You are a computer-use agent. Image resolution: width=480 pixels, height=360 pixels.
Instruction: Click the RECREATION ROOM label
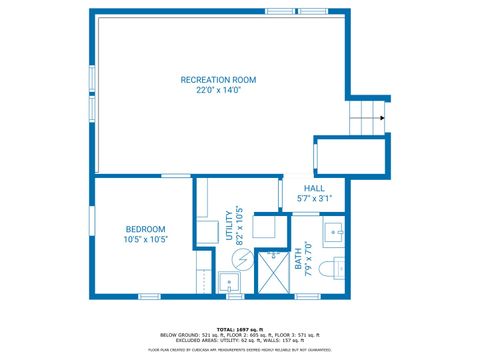click(218, 79)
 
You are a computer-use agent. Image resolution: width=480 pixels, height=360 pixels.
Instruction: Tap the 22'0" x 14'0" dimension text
click(218, 90)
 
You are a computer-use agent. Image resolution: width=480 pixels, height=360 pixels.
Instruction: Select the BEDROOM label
click(145, 229)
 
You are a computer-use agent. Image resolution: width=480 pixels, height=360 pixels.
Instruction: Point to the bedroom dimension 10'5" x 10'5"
click(145, 240)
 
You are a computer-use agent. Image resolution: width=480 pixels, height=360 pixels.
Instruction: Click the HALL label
click(314, 188)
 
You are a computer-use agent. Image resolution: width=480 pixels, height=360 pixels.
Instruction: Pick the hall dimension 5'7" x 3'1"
click(314, 199)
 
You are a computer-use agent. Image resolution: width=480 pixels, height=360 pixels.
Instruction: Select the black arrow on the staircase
click(381, 118)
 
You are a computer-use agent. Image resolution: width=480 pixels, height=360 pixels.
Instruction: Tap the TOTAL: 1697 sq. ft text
click(240, 327)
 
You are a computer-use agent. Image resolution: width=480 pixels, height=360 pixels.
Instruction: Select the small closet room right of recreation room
click(350, 154)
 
